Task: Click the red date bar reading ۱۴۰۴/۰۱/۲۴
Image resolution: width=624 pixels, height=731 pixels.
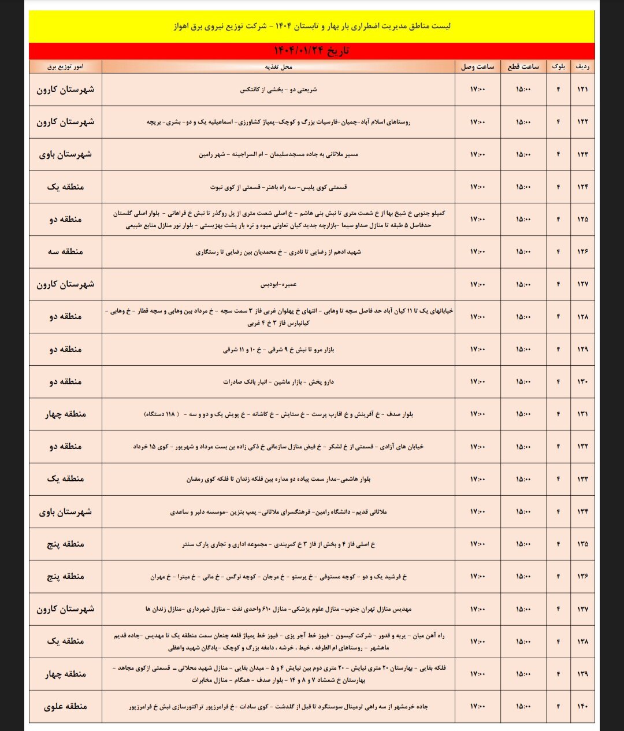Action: (311, 51)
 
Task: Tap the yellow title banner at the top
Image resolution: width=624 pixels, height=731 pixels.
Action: (311, 27)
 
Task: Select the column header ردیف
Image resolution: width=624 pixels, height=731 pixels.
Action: (582, 66)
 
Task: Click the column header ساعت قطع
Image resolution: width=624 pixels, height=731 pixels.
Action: (523, 66)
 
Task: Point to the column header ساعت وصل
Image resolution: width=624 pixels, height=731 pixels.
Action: (477, 66)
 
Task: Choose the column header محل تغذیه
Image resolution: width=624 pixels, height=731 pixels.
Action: (278, 66)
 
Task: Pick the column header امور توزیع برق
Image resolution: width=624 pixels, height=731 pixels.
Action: (65, 66)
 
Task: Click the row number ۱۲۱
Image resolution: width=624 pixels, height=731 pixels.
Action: (582, 90)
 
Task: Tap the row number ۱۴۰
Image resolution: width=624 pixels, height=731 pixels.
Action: (582, 706)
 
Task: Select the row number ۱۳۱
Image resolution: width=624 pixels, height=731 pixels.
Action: (582, 414)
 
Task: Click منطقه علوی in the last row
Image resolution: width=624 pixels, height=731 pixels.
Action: (65, 706)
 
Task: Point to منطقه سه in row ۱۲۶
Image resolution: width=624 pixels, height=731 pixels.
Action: (65, 251)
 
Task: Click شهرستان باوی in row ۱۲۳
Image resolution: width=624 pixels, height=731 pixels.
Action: (65, 154)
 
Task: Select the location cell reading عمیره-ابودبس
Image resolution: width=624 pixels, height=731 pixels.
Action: (278, 284)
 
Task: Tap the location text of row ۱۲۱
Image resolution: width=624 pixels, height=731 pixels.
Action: (278, 90)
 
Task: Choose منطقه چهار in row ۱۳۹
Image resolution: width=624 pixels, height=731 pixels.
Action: (65, 674)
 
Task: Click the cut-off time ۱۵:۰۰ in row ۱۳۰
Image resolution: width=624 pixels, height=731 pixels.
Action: (523, 381)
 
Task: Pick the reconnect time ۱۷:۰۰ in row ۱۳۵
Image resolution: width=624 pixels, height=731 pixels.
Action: (477, 544)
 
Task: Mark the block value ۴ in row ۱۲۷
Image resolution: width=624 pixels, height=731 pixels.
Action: (558, 284)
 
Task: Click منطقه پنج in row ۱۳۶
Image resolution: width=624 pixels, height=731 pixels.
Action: (65, 576)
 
